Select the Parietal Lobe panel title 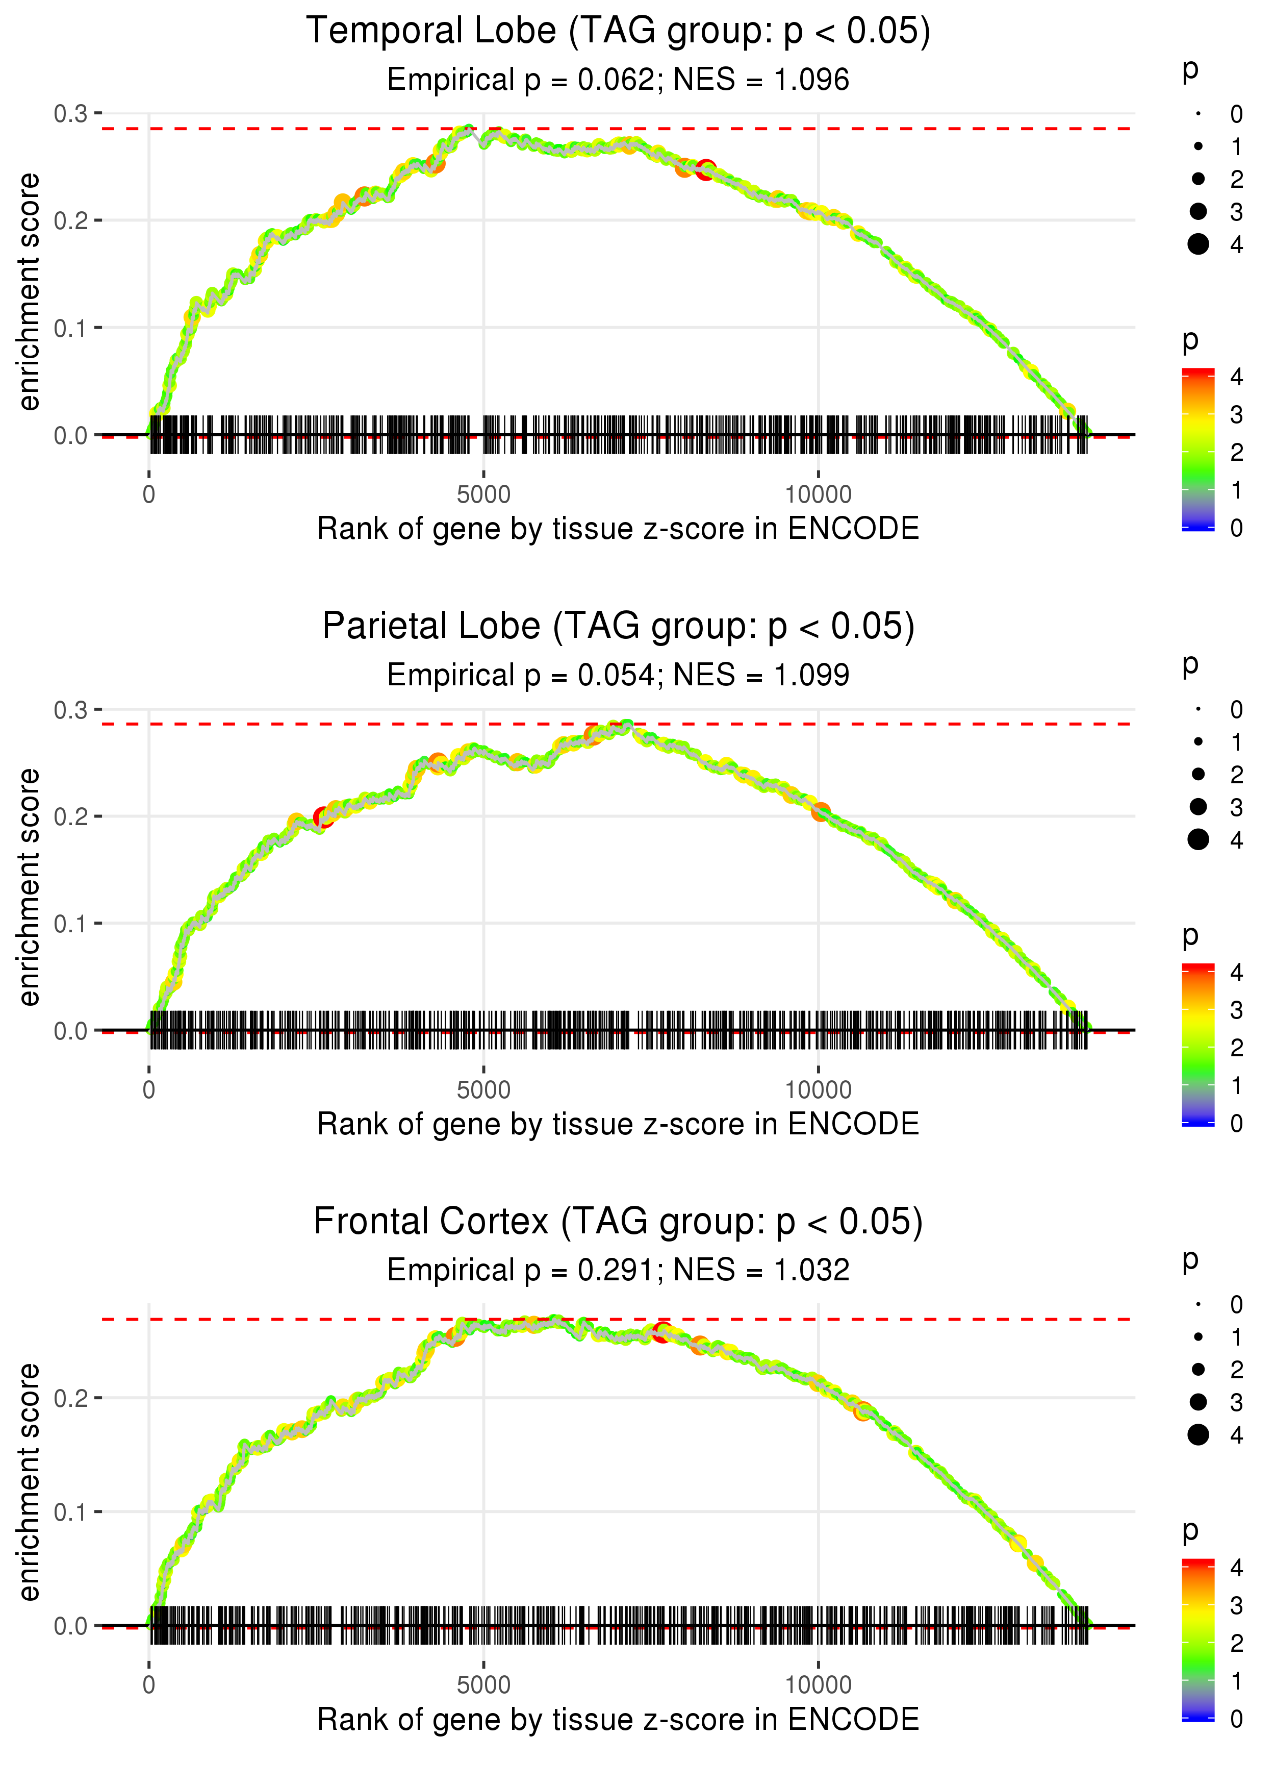[618, 627]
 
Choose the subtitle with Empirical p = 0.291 [618, 1271]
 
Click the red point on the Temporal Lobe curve [706, 169]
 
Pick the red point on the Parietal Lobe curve [323, 817]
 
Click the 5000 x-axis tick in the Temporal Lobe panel [483, 495]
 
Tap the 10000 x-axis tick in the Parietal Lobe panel [818, 1090]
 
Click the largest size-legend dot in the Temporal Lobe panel [1198, 244]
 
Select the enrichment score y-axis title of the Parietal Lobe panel [29, 887]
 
